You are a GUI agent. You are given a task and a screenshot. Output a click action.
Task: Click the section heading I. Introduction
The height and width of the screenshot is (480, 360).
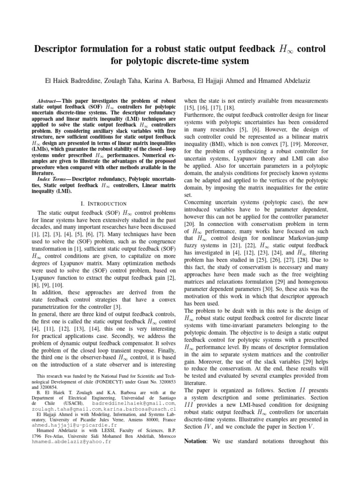[x=104, y=203]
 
